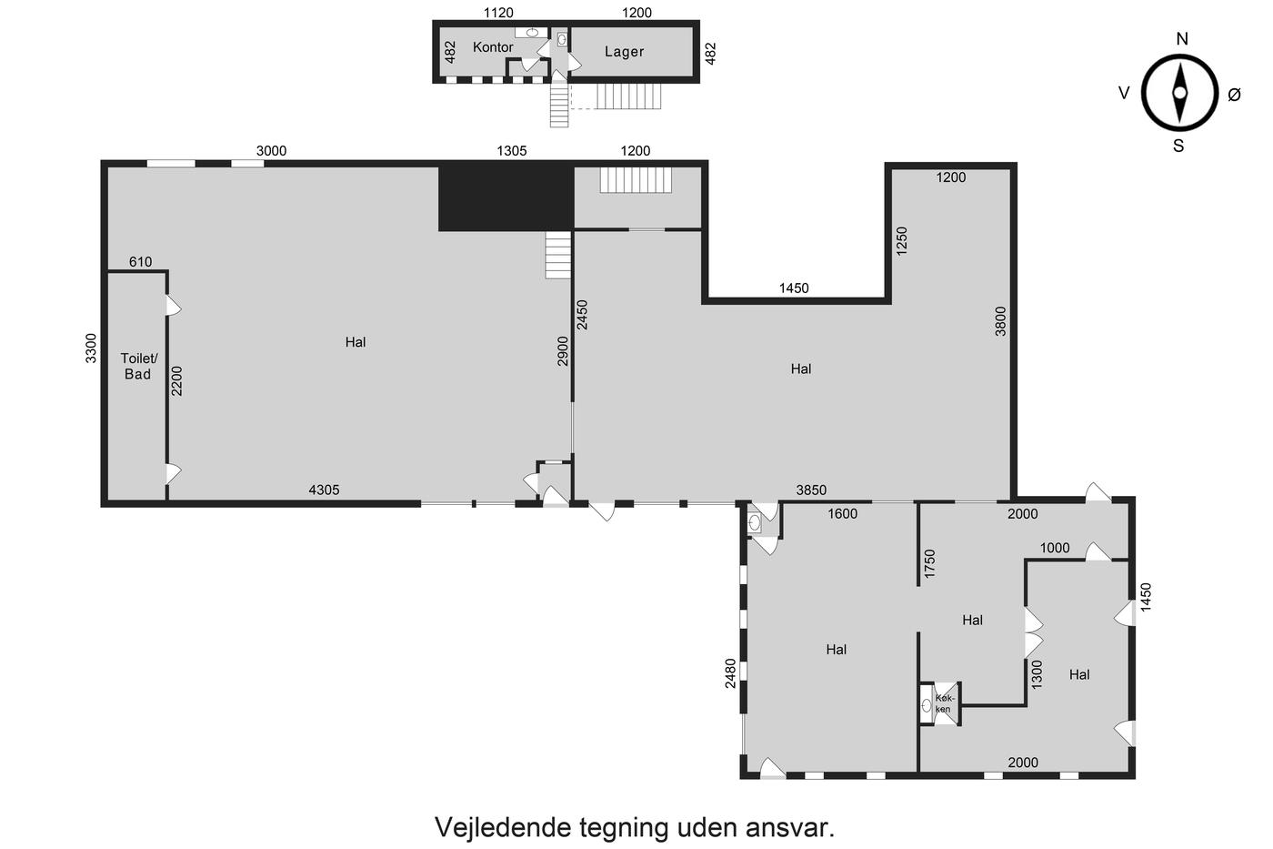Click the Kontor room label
pyautogui.click(x=493, y=47)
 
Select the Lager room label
pyautogui.click(x=624, y=52)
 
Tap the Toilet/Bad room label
pyautogui.click(x=138, y=366)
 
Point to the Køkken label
pyautogui.click(x=945, y=703)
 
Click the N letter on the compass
pyautogui.click(x=1181, y=38)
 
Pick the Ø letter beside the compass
pyautogui.click(x=1235, y=95)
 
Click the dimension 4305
pyautogui.click(x=324, y=490)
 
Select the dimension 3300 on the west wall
pyautogui.click(x=91, y=348)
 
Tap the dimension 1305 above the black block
pyautogui.click(x=511, y=151)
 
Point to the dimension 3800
pyautogui.click(x=1000, y=321)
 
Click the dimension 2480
pyautogui.click(x=730, y=673)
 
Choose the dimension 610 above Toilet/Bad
pyautogui.click(x=140, y=261)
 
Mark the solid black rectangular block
pyautogui.click(x=506, y=197)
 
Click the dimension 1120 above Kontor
pyautogui.click(x=498, y=13)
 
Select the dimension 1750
pyautogui.click(x=929, y=564)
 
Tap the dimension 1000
pyautogui.click(x=1055, y=548)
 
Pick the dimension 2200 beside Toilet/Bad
pyautogui.click(x=176, y=381)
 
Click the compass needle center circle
pyautogui.click(x=1180, y=93)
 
